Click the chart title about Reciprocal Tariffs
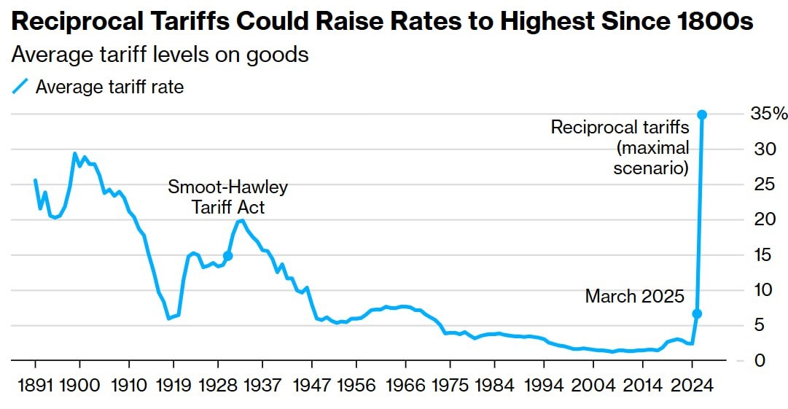[x=382, y=23]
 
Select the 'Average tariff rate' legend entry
[x=109, y=87]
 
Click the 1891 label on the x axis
[x=35, y=385]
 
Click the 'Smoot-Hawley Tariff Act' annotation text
[x=228, y=197]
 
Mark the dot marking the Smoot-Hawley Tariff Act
[x=228, y=256]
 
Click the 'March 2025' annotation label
[x=635, y=297]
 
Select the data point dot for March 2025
[x=697, y=313]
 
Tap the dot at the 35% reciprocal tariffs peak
[x=702, y=114]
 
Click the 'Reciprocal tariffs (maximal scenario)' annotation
[x=620, y=148]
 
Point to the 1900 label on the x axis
[x=80, y=385]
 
